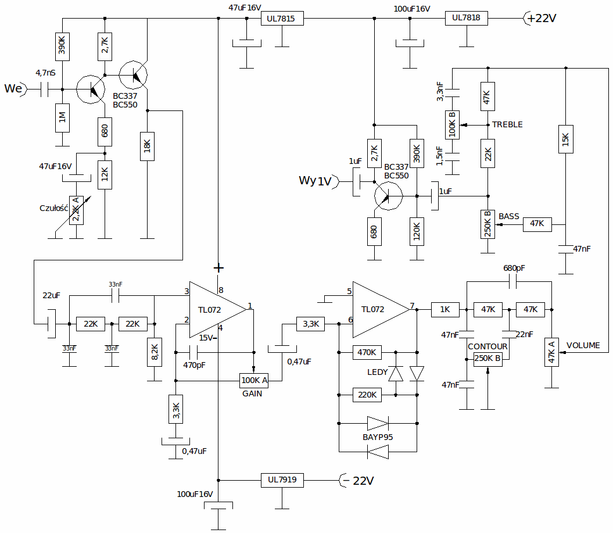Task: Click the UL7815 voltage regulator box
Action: [x=282, y=19]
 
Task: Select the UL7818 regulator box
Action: [x=467, y=18]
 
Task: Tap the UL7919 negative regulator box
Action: [x=282, y=480]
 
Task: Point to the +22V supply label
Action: [x=542, y=18]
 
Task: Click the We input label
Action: [x=13, y=88]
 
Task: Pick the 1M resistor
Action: [x=62, y=118]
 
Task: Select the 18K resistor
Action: [x=147, y=146]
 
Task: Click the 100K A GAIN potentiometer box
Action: [x=254, y=381]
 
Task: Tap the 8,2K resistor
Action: [x=155, y=352]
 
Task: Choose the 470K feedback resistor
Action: [x=367, y=352]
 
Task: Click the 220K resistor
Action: [x=367, y=395]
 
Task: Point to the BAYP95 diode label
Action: [x=378, y=437]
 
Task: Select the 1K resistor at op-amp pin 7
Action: [x=445, y=310]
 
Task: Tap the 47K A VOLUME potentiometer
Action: [x=551, y=352]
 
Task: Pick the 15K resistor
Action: [x=566, y=139]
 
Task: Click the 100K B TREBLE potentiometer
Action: [x=452, y=125]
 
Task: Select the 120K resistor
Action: [x=417, y=231]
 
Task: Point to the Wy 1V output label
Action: [x=315, y=181]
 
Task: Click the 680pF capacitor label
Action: [x=514, y=269]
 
